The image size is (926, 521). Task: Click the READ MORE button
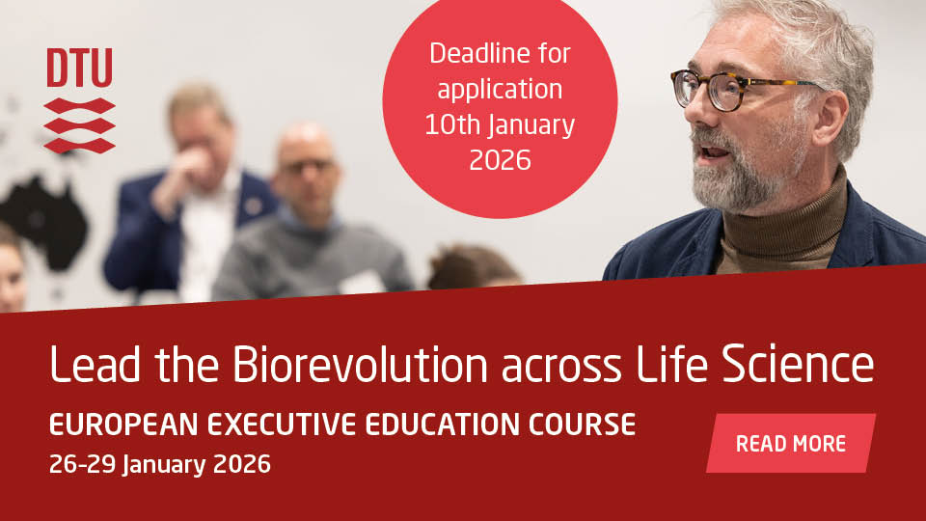click(x=790, y=444)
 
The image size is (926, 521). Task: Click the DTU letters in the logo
click(x=79, y=68)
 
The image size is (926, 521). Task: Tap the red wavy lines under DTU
click(x=79, y=125)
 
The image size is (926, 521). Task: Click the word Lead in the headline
click(x=92, y=366)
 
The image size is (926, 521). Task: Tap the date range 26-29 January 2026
click(x=159, y=465)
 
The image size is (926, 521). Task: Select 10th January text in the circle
click(x=500, y=124)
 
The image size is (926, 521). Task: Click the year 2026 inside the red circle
click(x=500, y=160)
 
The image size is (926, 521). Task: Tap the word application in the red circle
click(x=500, y=89)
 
